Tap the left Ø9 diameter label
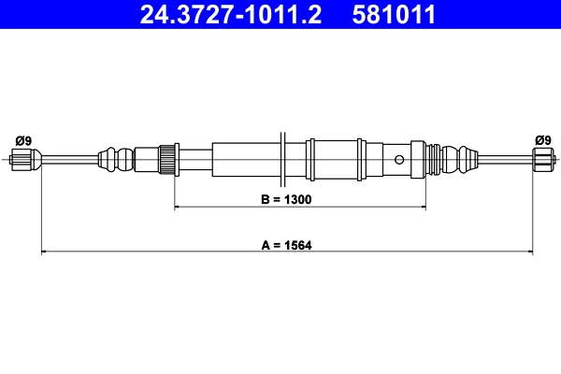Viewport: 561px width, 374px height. [23, 140]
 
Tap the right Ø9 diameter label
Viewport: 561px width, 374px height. [542, 140]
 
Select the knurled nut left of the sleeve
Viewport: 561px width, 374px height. [168, 157]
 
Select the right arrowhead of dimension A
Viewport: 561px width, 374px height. [528, 252]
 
